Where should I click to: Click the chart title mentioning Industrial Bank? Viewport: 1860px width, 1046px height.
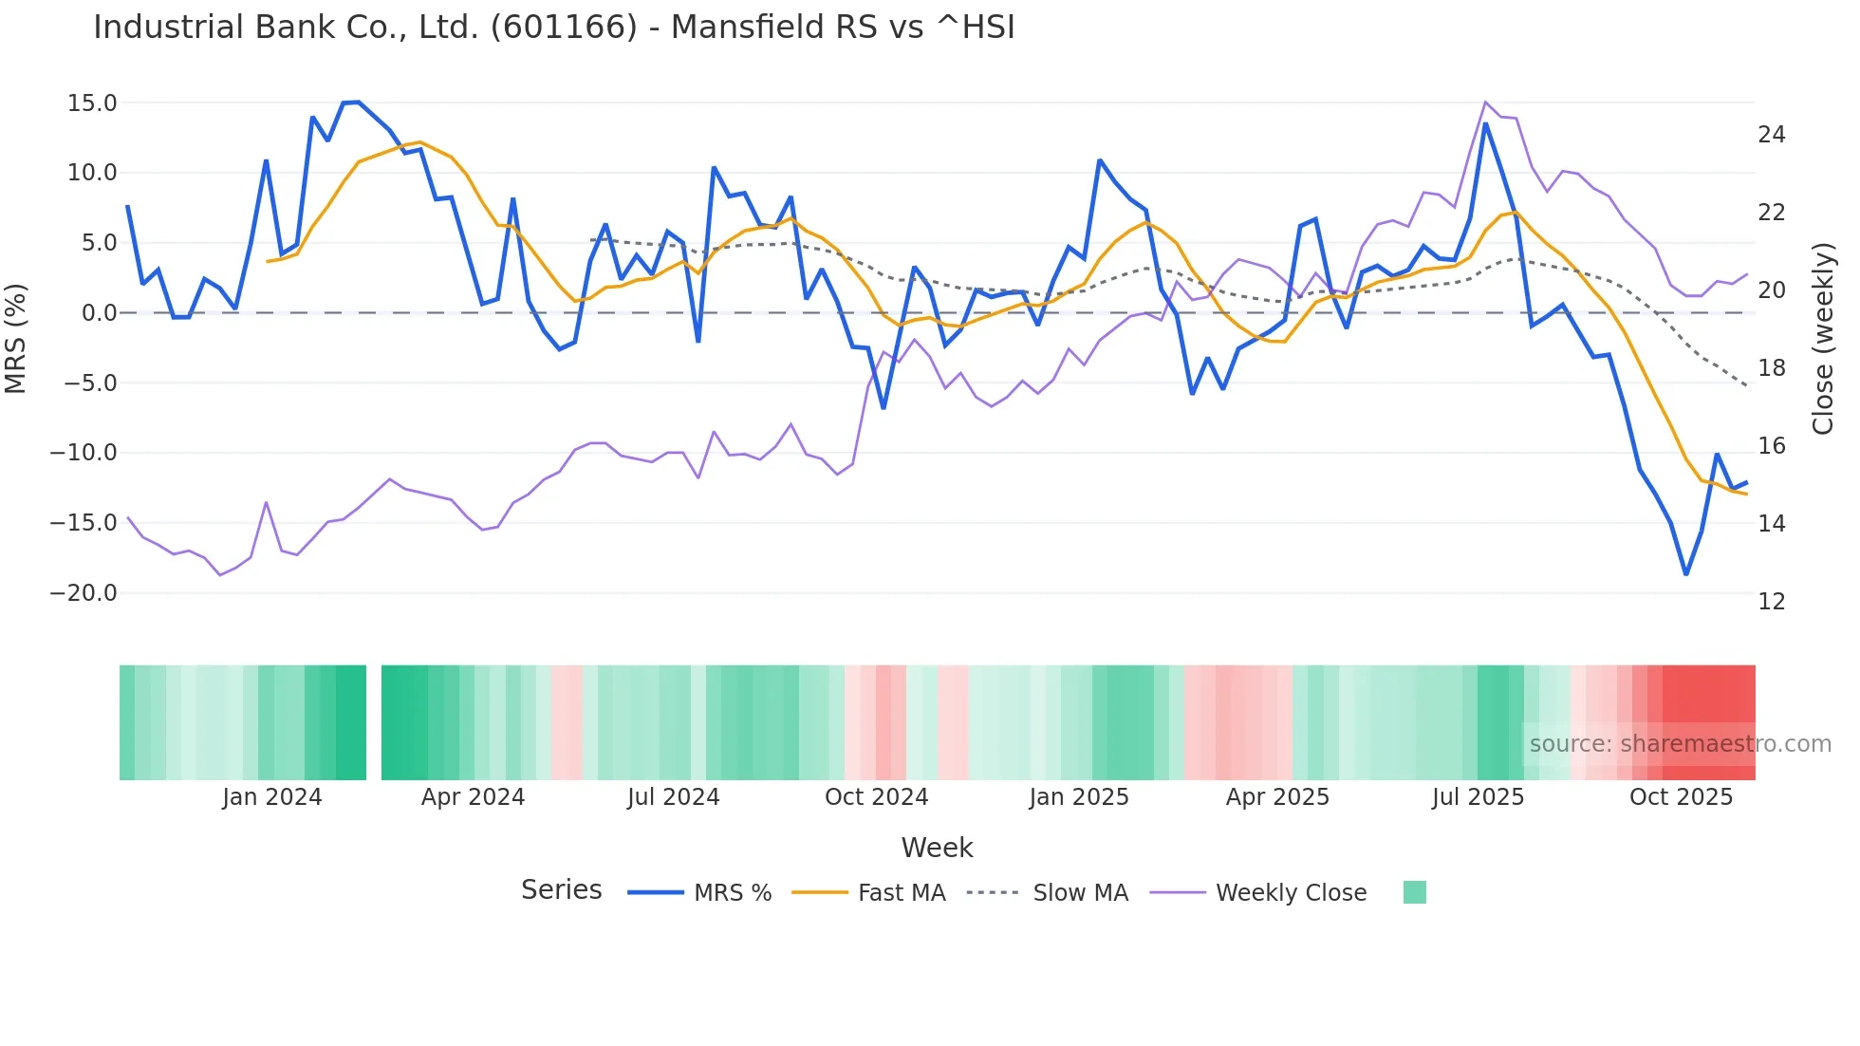point(553,28)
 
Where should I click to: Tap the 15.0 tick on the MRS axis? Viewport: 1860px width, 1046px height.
point(92,103)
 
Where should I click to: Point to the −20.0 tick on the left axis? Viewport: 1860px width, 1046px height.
point(84,593)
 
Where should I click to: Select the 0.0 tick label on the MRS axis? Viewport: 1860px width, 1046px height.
point(99,313)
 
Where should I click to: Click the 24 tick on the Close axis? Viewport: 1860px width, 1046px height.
point(1771,135)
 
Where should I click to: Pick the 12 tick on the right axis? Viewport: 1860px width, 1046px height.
point(1771,602)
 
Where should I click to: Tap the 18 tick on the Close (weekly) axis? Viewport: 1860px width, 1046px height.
point(1771,368)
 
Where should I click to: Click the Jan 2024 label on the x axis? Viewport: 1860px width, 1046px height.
point(272,797)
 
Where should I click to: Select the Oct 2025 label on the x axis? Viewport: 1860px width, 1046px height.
point(1681,797)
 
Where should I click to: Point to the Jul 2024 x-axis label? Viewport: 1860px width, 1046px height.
point(673,797)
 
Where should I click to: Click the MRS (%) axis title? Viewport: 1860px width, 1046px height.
point(16,338)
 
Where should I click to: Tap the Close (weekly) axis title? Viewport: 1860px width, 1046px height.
point(1823,339)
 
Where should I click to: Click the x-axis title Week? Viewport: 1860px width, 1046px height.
point(937,848)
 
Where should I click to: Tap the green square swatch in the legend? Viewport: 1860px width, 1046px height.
point(1414,892)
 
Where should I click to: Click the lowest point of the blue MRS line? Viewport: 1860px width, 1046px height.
point(1686,573)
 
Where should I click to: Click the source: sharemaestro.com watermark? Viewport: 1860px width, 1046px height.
point(1680,744)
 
